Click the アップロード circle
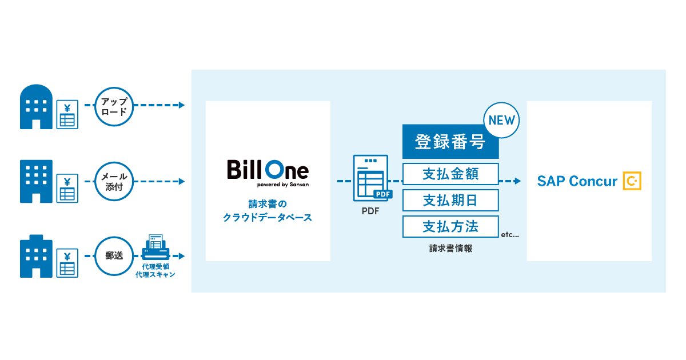coord(114,106)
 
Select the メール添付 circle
coord(114,181)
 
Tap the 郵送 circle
coord(114,256)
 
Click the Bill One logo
coord(268,171)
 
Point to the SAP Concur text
coord(577,181)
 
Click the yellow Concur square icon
coord(632,181)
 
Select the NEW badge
coord(500,120)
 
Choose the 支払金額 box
coord(450,174)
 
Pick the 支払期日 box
coord(450,200)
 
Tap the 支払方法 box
coord(450,226)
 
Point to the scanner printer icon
coord(154,247)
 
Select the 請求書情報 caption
coord(450,249)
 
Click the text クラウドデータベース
coord(268,218)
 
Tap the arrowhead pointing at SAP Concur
coord(517,181)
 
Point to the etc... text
coord(509,234)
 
